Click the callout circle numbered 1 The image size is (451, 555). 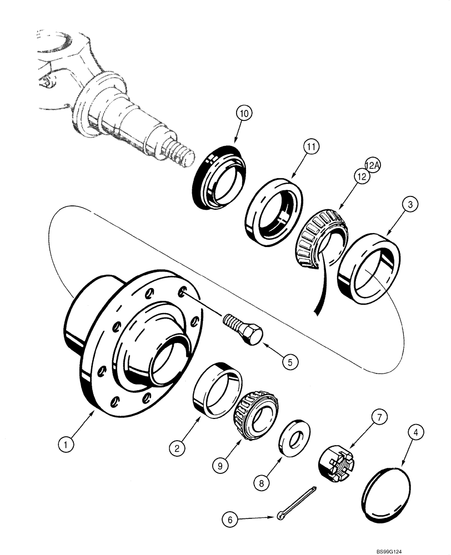(66, 444)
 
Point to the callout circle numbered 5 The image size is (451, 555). (289, 361)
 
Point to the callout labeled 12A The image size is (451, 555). (372, 164)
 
